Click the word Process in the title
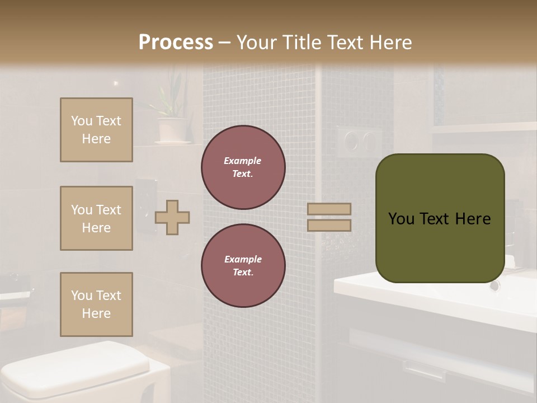(x=176, y=43)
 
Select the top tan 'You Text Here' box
(x=96, y=130)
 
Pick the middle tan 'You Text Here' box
(x=96, y=218)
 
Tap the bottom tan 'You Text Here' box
(x=96, y=304)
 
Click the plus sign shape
(x=172, y=217)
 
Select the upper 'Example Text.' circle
(x=243, y=167)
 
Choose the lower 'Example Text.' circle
(x=243, y=266)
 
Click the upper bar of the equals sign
(x=329, y=209)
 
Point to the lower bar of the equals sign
(x=329, y=226)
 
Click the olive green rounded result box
(x=440, y=218)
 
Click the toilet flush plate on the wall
(x=359, y=140)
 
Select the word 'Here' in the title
(x=390, y=43)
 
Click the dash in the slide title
(x=225, y=43)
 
